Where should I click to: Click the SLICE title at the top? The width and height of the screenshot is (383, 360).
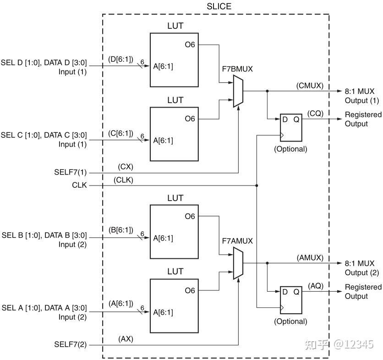(219, 6)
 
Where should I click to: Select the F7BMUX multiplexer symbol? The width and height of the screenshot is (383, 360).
(238, 92)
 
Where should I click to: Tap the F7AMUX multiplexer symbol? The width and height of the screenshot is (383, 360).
(238, 263)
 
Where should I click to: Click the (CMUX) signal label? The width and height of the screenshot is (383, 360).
(310, 85)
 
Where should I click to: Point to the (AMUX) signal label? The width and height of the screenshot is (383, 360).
(310, 258)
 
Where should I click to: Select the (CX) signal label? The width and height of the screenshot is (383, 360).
(125, 167)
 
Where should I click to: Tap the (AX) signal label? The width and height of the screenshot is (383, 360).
(126, 339)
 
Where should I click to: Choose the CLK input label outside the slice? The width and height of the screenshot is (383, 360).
(79, 185)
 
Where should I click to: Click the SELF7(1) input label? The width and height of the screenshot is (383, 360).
(70, 173)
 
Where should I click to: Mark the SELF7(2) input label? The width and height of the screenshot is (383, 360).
(70, 345)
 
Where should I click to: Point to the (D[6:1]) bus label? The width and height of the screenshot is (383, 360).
(120, 59)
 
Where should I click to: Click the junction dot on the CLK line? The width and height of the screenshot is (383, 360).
(257, 185)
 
